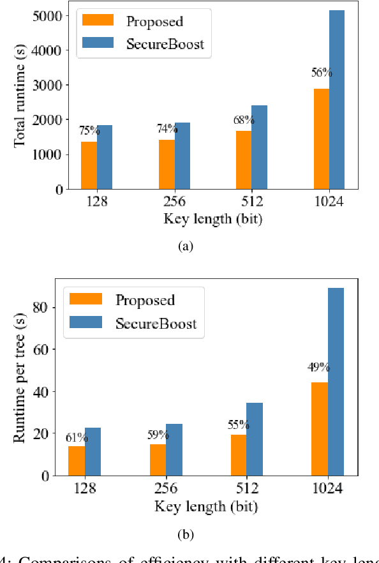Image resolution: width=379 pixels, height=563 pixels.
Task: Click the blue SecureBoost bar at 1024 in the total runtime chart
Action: click(x=336, y=100)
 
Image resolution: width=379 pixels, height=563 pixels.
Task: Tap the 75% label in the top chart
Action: click(x=89, y=131)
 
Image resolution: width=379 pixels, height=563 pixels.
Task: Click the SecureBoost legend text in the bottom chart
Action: click(x=156, y=324)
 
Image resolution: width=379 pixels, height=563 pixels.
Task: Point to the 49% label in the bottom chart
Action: click(x=318, y=367)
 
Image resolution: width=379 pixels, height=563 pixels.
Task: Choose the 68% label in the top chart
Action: click(x=244, y=120)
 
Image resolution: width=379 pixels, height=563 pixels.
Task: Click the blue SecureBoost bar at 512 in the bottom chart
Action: click(x=255, y=439)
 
